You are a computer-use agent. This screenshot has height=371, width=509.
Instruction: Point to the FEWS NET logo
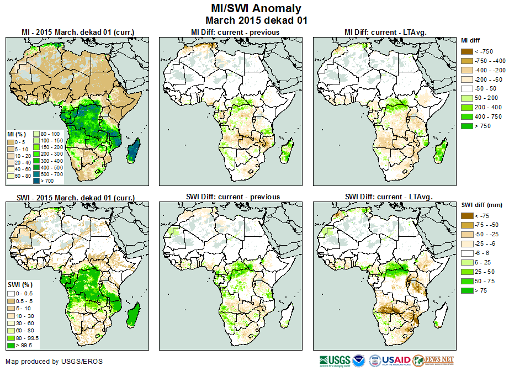(x=433, y=361)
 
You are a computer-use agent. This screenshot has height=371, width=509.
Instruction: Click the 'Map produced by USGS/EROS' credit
(x=54, y=362)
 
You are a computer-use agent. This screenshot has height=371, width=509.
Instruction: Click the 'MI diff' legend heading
(x=472, y=40)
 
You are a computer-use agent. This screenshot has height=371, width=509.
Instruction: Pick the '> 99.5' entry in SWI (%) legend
(x=12, y=346)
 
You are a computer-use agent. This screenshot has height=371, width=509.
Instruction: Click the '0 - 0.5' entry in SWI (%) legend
(x=12, y=293)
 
